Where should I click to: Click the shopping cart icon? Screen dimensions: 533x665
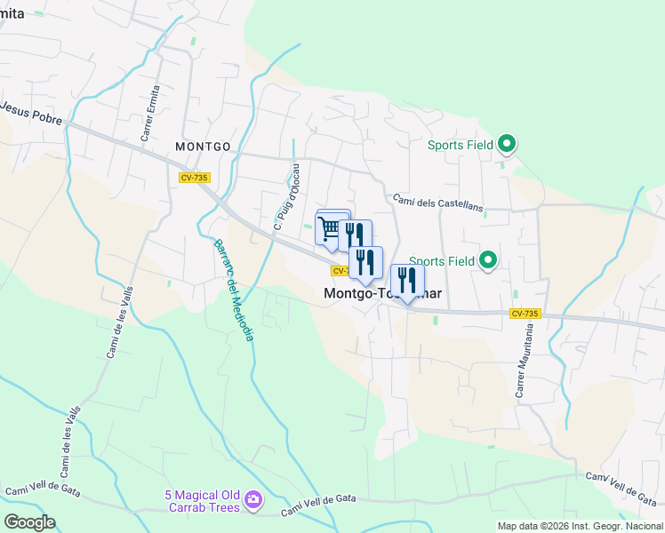coord(330,229)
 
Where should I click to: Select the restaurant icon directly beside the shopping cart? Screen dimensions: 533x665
coord(354,235)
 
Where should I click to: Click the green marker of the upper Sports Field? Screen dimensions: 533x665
coord(507,143)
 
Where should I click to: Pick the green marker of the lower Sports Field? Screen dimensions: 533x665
coord(487,260)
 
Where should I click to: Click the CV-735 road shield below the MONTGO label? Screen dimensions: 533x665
coord(194,178)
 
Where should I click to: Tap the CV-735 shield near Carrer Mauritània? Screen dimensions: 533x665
coord(525,314)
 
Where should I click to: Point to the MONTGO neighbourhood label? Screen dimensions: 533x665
coord(203,147)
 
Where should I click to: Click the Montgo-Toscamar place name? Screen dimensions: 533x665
coord(383,293)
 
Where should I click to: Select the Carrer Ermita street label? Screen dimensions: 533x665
coord(150,114)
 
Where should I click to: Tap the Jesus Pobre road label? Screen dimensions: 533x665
coord(32,113)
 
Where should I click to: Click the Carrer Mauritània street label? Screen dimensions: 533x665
coord(524,360)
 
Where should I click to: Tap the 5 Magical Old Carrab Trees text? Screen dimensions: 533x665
coord(202,501)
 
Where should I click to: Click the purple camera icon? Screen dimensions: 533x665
coord(253,501)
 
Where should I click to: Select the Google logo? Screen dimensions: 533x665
coord(29,522)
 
